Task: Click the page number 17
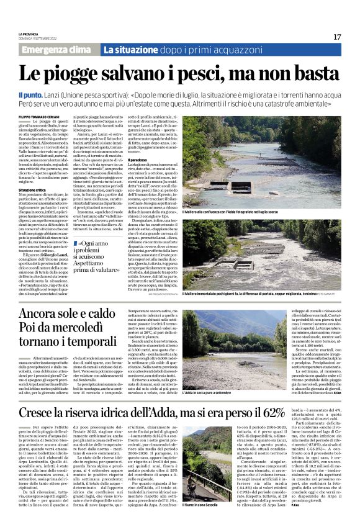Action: pos(337,37)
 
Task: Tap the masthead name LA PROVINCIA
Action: pos(29,34)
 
